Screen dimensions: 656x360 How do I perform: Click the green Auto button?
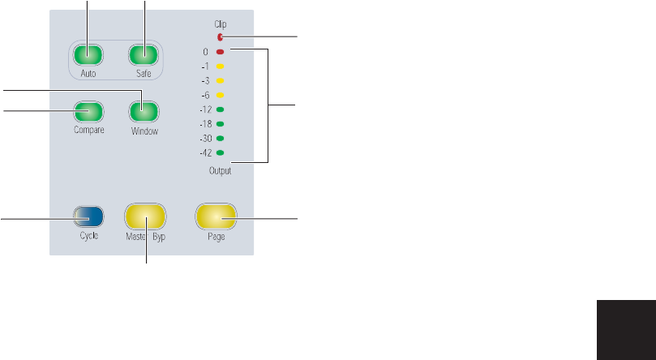(87, 55)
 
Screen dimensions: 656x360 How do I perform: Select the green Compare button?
(87, 111)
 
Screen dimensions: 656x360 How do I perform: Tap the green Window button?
(142, 111)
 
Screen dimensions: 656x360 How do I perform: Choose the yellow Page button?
(215, 216)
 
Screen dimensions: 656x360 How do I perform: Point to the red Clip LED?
(220, 36)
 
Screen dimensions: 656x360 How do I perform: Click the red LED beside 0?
(220, 52)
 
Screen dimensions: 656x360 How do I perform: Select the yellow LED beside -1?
(220, 66)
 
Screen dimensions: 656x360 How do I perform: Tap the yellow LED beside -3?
(220, 81)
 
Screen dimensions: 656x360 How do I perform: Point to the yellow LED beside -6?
(220, 95)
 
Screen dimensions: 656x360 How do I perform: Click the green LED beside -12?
(220, 109)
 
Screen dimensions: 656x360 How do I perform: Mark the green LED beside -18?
(220, 124)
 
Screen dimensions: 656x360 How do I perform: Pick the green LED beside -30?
(220, 139)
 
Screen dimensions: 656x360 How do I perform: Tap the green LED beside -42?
(220, 152)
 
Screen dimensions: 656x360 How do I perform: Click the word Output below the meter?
(220, 170)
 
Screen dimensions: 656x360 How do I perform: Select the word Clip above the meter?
(220, 25)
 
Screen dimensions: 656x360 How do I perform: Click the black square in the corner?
(625, 329)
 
